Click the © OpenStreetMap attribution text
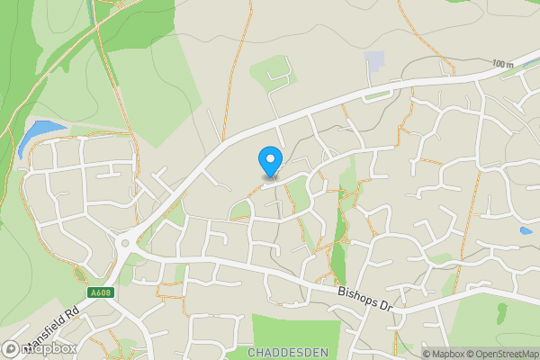click(498, 353)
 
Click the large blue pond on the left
click(33, 137)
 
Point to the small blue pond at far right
click(525, 230)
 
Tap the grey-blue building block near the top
click(373, 61)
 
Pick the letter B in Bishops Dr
click(341, 291)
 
